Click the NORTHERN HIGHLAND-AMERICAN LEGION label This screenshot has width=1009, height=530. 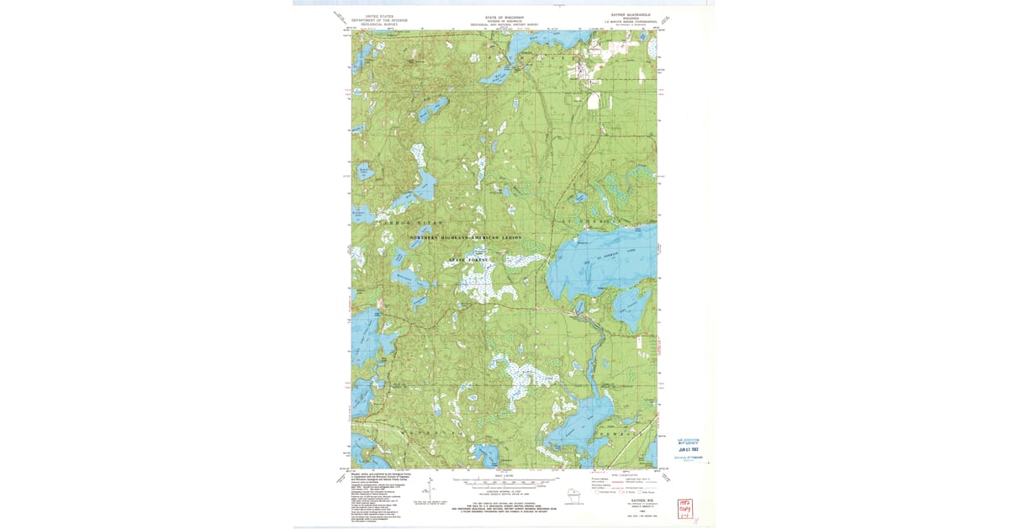pyautogui.click(x=466, y=238)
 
